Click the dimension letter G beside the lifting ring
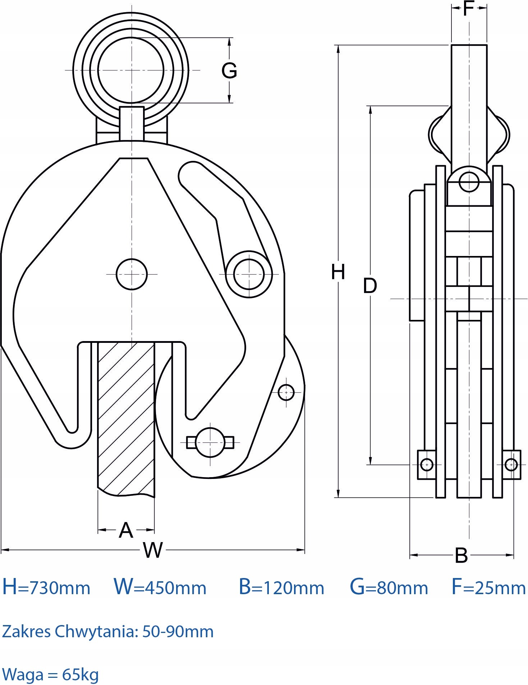coord(229,70)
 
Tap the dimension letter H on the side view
coord(338,272)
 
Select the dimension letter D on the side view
coord(370,286)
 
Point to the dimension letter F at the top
coord(469,8)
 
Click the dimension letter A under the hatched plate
coord(126,530)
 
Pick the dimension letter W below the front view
coord(153,550)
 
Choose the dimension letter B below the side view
coord(461,555)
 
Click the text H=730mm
coord(46,587)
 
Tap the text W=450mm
coord(160,587)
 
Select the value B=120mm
coord(281,587)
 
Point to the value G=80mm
coord(389,587)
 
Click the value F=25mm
coord(488,587)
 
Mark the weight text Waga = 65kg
coord(50,674)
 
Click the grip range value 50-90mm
coord(178,631)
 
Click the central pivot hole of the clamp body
coord(132,274)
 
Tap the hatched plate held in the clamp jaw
coord(126,418)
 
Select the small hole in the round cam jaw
coord(286,392)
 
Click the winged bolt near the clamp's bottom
coord(210,442)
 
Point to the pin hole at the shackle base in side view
coord(469,182)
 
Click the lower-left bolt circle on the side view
coord(427,465)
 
